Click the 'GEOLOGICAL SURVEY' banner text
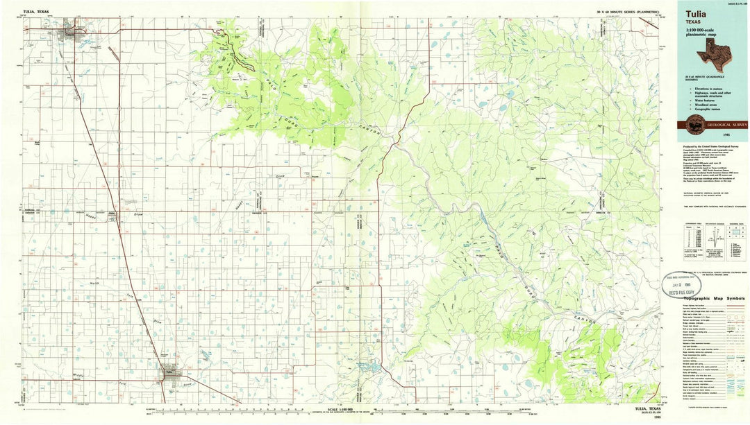726,124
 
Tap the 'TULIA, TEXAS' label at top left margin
37,12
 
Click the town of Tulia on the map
169,372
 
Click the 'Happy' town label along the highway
111,213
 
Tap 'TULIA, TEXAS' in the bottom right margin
643,409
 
